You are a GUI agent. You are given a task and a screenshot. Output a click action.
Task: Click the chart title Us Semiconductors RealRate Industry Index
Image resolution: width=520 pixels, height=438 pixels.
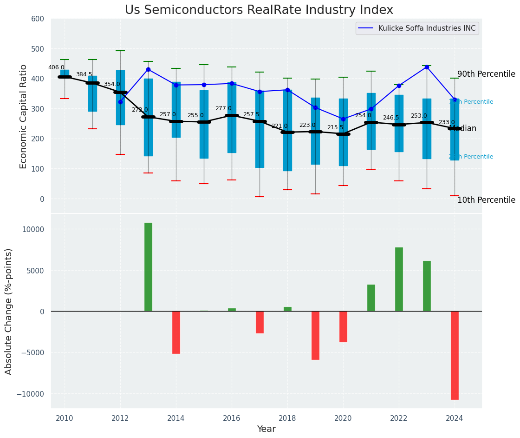pyautogui.click(x=259, y=10)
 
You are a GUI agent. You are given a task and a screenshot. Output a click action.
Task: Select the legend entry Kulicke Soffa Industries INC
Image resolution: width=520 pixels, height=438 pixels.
pyautogui.click(x=427, y=28)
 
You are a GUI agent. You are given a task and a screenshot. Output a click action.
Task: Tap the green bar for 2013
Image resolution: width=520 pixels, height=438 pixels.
pyautogui.click(x=148, y=267)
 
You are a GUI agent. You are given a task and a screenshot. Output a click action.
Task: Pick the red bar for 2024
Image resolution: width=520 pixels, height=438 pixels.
pyautogui.click(x=455, y=355)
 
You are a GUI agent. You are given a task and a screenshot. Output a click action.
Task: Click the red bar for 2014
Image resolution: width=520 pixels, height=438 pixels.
pyautogui.click(x=176, y=332)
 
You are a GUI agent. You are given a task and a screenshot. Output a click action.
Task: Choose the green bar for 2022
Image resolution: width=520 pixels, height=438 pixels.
pyautogui.click(x=399, y=279)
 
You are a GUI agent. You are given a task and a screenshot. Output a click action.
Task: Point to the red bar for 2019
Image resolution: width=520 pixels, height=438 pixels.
pyautogui.click(x=315, y=335)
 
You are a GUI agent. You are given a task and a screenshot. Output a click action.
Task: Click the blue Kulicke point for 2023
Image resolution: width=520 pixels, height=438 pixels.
pyautogui.click(x=427, y=67)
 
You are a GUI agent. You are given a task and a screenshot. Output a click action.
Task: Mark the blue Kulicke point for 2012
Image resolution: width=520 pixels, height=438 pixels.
pyautogui.click(x=120, y=102)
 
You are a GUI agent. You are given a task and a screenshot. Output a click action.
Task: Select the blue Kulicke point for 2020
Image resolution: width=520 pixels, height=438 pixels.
pyautogui.click(x=343, y=119)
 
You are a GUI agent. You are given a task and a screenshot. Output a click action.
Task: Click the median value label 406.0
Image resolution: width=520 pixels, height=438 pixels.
pyautogui.click(x=56, y=67)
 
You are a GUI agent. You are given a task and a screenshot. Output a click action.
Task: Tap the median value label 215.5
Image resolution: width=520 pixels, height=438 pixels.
pyautogui.click(x=335, y=127)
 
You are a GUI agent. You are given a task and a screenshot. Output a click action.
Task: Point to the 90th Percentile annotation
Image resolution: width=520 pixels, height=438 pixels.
pyautogui.click(x=486, y=74)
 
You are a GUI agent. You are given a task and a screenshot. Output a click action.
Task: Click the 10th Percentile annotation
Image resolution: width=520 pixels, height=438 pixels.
pyautogui.click(x=486, y=200)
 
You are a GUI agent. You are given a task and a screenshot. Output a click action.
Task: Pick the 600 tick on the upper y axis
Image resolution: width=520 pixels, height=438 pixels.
pyautogui.click(x=38, y=19)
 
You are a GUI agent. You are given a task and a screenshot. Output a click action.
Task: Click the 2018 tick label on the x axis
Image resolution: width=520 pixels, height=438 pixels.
pyautogui.click(x=287, y=418)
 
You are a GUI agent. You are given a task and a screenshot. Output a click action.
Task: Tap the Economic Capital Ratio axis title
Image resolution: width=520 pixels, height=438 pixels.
pyautogui.click(x=24, y=116)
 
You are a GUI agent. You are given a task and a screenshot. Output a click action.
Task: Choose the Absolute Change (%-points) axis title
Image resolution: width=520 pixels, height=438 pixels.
pyautogui.click(x=9, y=311)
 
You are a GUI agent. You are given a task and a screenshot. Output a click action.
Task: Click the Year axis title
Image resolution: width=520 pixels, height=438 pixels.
pyautogui.click(x=266, y=429)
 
